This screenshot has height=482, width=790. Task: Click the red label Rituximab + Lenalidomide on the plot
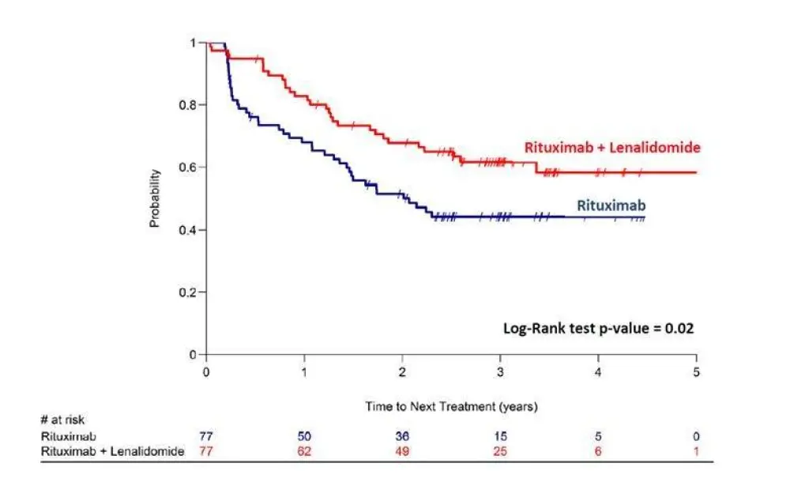tap(612, 147)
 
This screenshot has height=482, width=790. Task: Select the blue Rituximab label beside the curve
tap(612, 205)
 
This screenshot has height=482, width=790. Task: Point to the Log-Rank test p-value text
tap(599, 327)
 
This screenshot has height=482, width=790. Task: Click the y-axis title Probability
tap(155, 198)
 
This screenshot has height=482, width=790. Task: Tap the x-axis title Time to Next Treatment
tap(451, 406)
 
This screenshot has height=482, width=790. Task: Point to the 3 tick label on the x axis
tap(500, 371)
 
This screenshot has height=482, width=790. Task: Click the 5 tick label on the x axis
tap(696, 371)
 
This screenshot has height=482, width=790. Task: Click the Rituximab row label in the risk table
tap(62, 436)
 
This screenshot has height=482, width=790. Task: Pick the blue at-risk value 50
tap(304, 436)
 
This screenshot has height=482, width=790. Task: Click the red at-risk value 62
tap(304, 450)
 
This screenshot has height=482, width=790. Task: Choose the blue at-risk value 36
tap(402, 436)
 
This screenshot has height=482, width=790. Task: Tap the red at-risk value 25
tap(500, 450)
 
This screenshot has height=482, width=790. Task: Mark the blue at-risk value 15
tap(500, 436)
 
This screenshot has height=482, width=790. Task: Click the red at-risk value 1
tap(696, 450)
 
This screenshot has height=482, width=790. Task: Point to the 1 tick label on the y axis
tap(192, 43)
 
